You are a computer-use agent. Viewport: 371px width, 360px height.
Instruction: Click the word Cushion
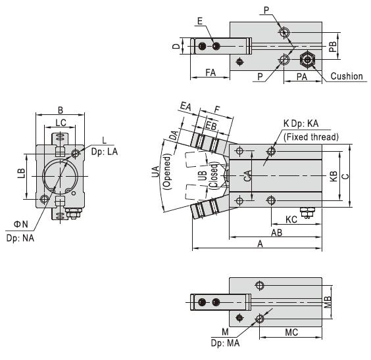(x=347, y=76)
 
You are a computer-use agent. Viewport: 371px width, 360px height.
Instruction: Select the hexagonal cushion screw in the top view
(x=307, y=59)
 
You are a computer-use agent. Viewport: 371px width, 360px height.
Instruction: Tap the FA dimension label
(x=210, y=72)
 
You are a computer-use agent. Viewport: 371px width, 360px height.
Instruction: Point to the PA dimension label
(x=302, y=77)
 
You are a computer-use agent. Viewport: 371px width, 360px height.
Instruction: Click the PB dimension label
(x=333, y=47)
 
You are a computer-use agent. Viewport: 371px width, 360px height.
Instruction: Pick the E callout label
(x=200, y=21)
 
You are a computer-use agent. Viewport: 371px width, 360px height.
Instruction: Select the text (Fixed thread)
(x=311, y=137)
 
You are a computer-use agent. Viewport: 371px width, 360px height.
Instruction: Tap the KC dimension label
(x=291, y=219)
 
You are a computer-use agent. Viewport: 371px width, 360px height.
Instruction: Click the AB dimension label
(x=276, y=233)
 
